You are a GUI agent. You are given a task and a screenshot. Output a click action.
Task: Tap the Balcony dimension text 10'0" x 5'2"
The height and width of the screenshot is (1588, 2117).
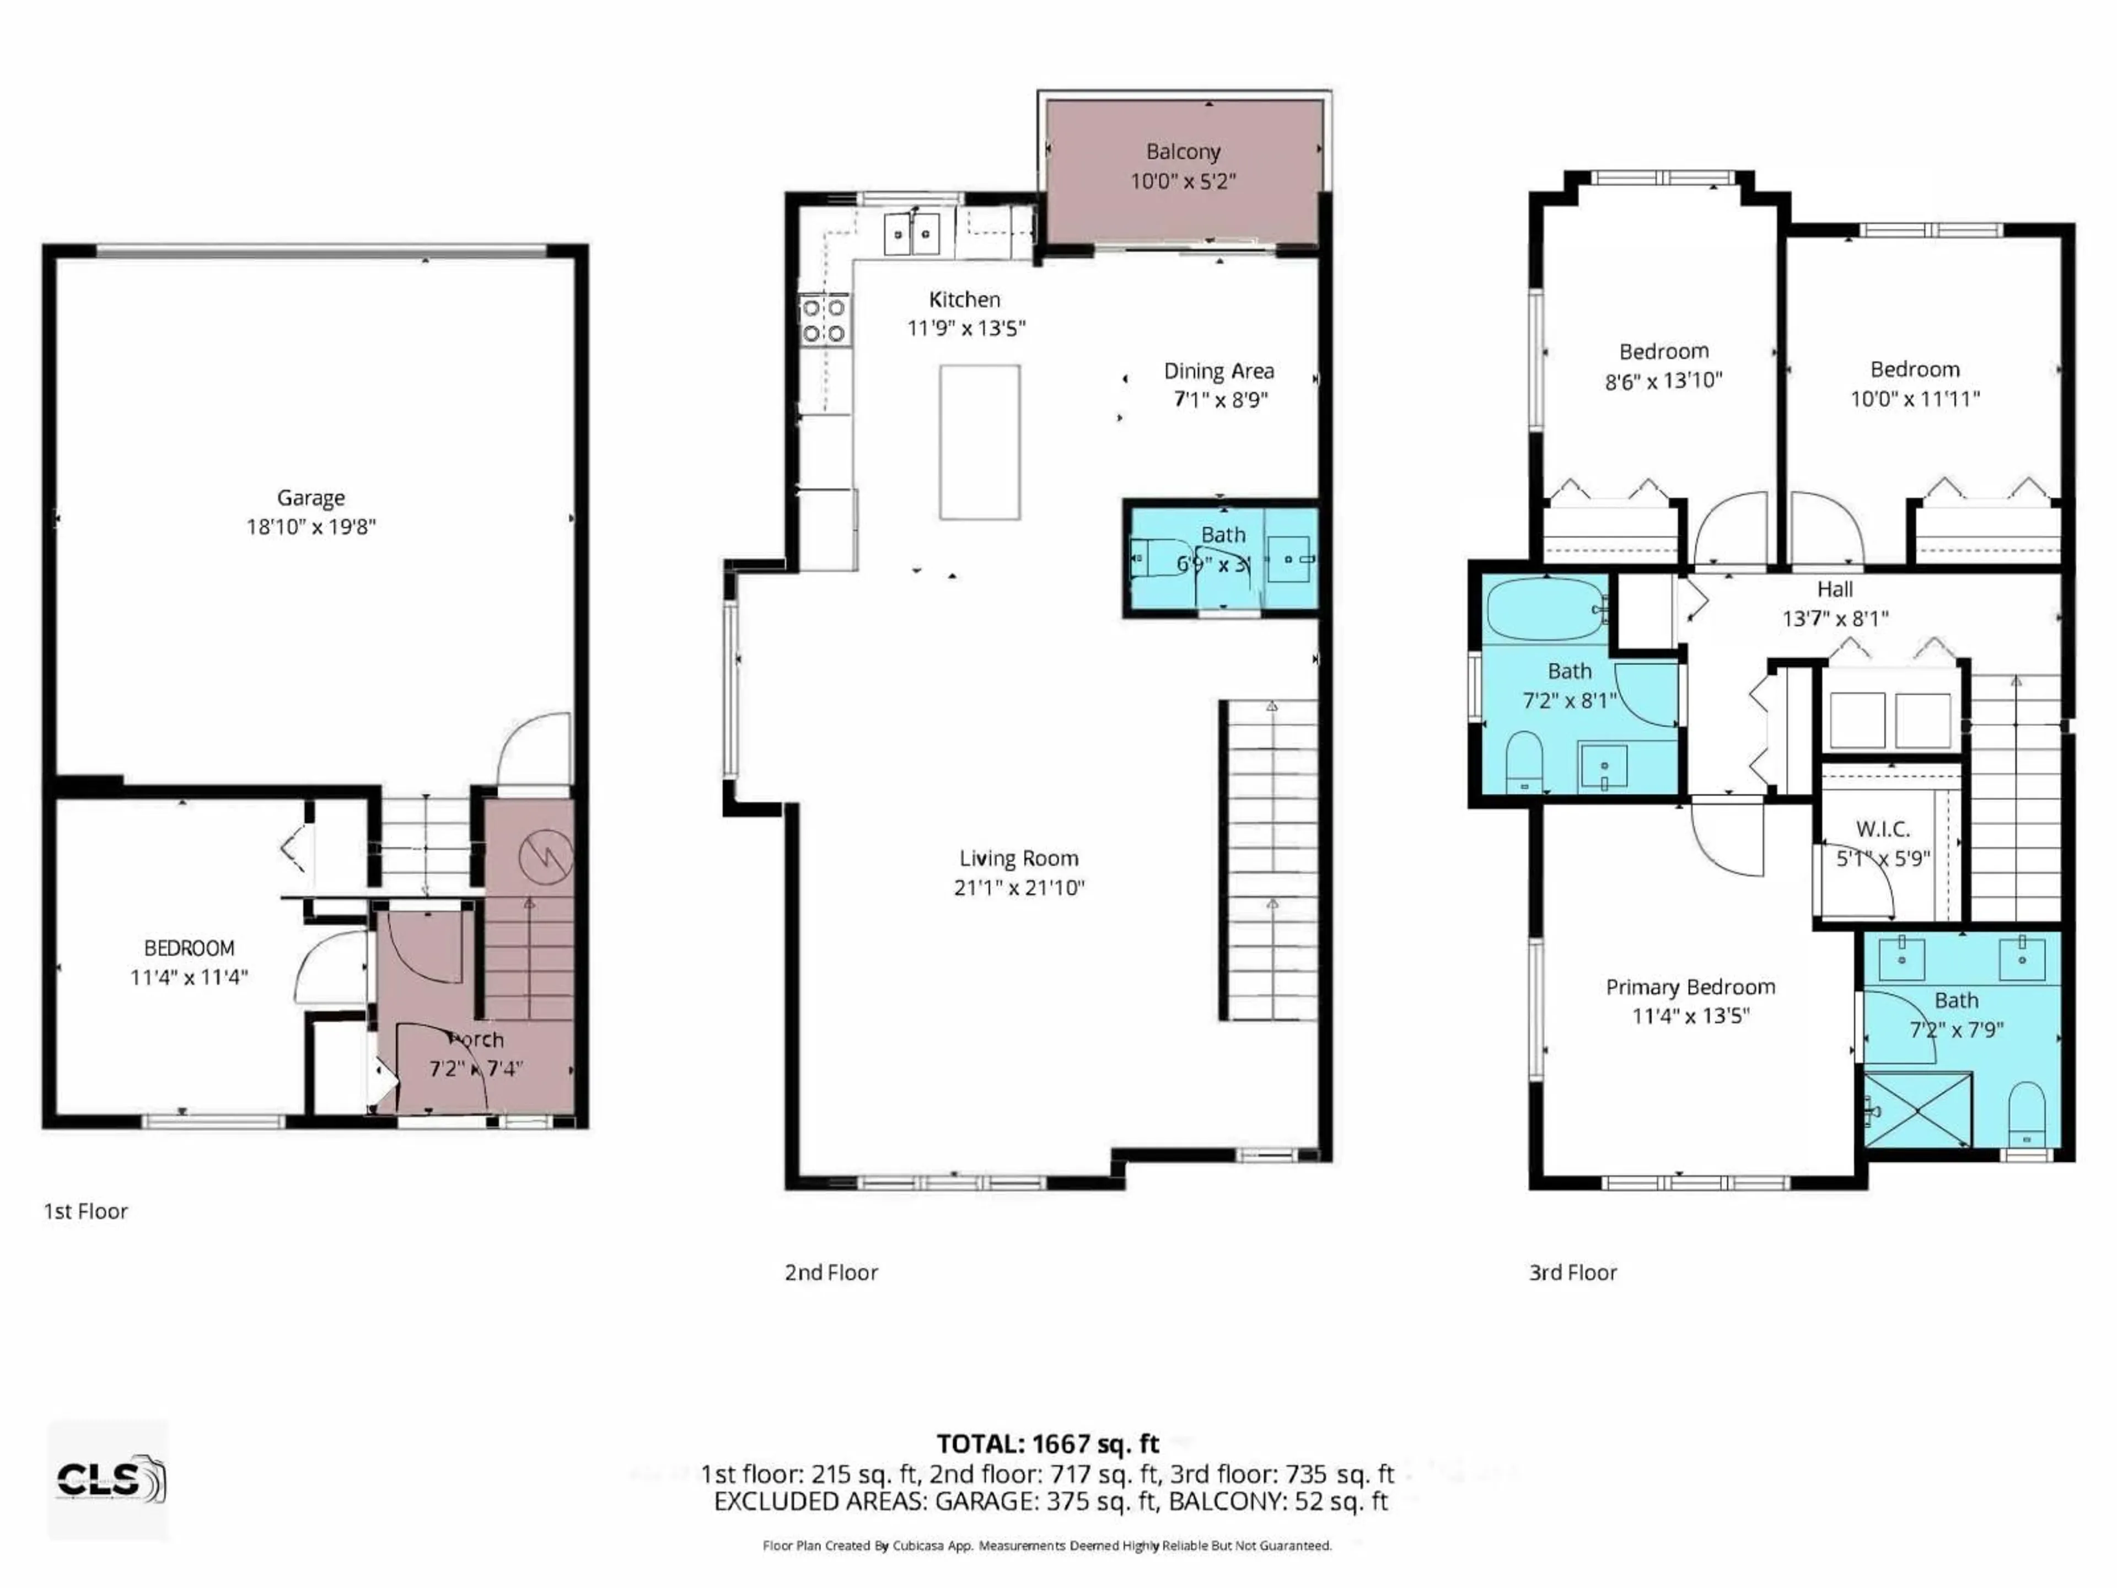(x=1183, y=181)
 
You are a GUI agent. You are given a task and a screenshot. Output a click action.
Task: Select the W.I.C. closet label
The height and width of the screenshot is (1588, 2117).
(x=1883, y=828)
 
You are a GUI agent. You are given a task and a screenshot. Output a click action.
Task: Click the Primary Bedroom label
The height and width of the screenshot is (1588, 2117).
(x=1690, y=987)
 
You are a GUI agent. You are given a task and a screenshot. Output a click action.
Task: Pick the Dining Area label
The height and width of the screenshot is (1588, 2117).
(x=1218, y=372)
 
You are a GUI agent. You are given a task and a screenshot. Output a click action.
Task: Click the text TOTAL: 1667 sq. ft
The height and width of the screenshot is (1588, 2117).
(x=1047, y=1444)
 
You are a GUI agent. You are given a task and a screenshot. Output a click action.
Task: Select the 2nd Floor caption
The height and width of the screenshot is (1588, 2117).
(x=831, y=1272)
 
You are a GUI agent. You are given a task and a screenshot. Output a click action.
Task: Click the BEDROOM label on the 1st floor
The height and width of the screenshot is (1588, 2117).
(x=189, y=948)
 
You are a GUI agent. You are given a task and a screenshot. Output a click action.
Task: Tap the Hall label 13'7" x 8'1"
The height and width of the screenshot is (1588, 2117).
(x=1835, y=618)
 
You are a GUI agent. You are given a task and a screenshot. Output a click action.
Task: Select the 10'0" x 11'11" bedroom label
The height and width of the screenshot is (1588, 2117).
(x=1914, y=398)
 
